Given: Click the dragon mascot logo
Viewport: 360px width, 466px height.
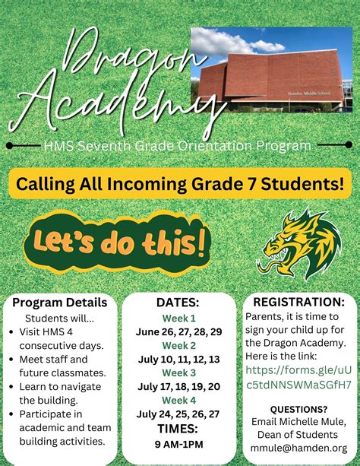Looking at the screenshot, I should (x=303, y=244).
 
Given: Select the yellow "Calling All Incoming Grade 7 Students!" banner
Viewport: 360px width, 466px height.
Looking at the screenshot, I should (x=181, y=183).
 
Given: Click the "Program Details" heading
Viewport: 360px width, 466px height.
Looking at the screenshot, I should (x=60, y=303).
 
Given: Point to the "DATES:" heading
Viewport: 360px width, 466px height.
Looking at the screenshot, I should (x=178, y=303).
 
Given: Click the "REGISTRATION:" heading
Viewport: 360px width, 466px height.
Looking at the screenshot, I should (x=298, y=302).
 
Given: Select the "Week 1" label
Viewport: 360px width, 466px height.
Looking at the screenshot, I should (x=178, y=319).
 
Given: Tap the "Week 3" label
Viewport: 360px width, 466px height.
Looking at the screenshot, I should (x=178, y=372).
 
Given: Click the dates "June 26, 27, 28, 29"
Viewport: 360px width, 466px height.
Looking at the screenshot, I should (x=178, y=332).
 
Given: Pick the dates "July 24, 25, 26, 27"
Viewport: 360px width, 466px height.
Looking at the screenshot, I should (x=178, y=414).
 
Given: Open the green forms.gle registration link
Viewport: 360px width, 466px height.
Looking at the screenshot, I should (x=298, y=378).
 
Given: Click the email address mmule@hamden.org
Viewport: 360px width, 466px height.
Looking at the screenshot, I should (x=298, y=449).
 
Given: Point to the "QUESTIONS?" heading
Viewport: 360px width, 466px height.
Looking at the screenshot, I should (x=298, y=409).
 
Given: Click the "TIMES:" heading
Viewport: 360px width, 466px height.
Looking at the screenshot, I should (x=178, y=430).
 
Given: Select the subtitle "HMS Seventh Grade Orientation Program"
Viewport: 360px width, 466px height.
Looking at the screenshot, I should (x=178, y=145).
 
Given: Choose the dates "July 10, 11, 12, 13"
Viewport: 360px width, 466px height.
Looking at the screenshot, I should (x=178, y=359).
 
